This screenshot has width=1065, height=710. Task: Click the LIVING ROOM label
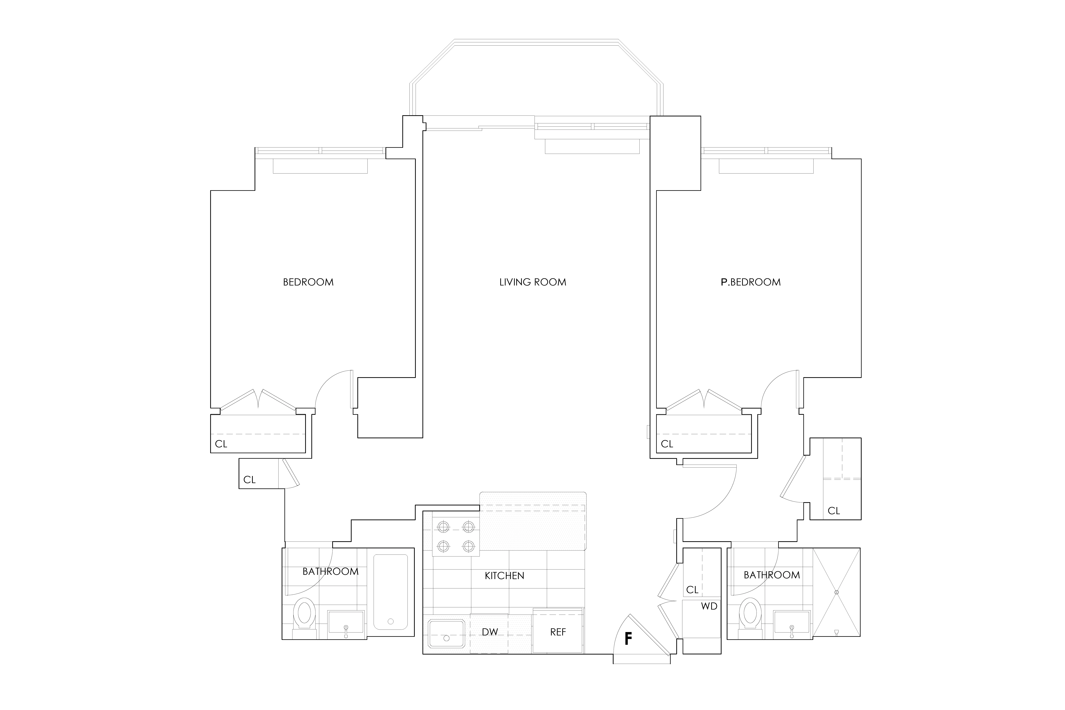click(532, 282)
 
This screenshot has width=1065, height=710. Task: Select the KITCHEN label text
click(504, 576)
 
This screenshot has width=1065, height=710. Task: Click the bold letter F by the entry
click(628, 638)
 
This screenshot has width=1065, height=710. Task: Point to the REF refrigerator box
click(558, 632)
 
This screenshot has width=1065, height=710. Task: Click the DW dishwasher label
click(489, 632)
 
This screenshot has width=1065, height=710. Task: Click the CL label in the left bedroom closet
click(221, 444)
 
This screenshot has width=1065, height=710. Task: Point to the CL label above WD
click(692, 590)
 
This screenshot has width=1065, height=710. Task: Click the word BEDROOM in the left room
click(308, 282)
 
